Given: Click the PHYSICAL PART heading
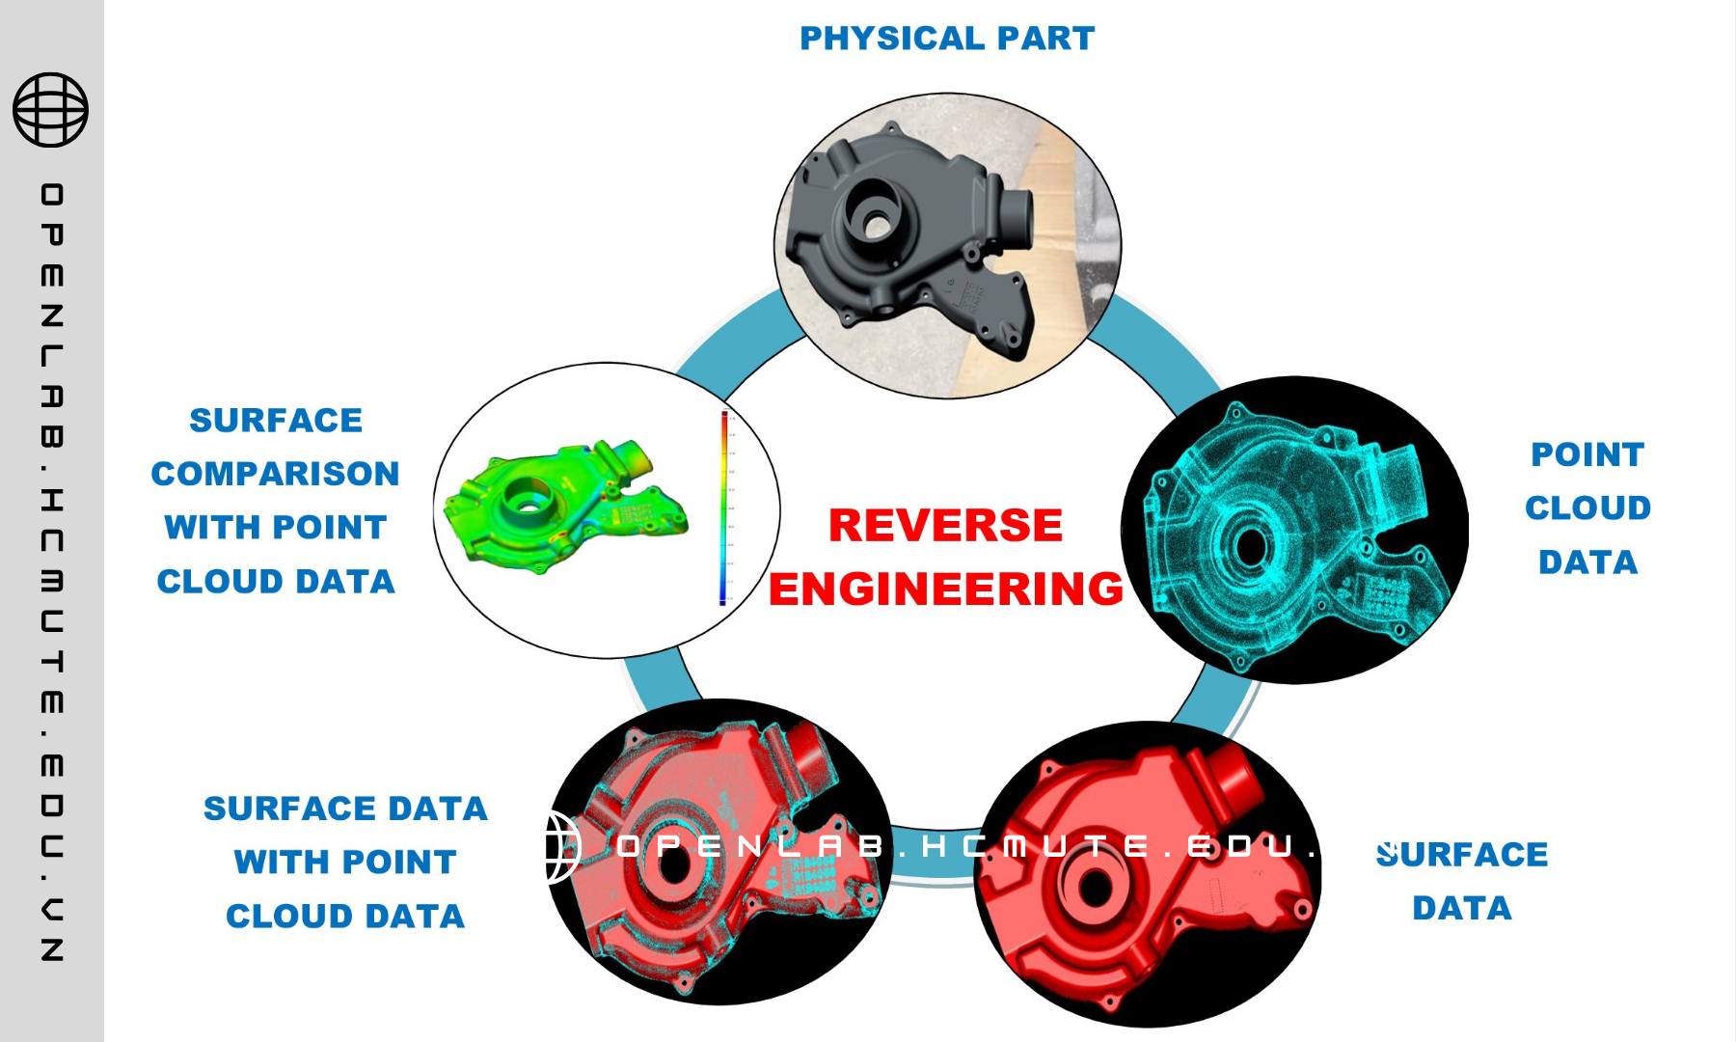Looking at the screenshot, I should pos(947,39).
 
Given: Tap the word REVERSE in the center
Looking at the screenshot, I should pos(945,526).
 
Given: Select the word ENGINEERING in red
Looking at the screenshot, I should pos(945,589).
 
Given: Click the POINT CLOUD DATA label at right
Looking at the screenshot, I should pos(1587,507).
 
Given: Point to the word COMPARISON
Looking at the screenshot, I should pos(275,474).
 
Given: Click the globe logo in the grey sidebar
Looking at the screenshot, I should pos(50,110).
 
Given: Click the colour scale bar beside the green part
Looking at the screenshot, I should pos(723,508).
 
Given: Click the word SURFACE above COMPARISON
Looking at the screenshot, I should pos(276,421).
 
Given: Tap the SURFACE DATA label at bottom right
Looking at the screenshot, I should pos(1461,881).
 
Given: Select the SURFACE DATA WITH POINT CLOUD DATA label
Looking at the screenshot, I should pos(345,862).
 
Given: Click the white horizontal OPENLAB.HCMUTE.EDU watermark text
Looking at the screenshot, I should pos(964,847).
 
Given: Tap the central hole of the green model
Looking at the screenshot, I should pos(526,502).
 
